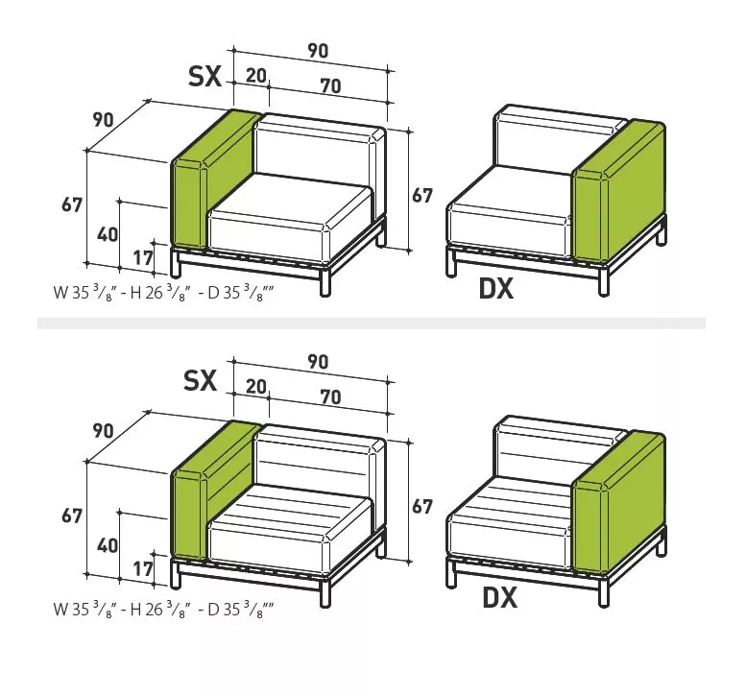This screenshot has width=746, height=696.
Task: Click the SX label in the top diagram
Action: (205, 77)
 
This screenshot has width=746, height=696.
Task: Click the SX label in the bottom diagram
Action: (201, 381)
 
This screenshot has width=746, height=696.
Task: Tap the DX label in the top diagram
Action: (496, 287)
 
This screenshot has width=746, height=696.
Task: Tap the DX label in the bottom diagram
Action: (499, 598)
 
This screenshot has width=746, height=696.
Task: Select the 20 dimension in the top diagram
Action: (255, 77)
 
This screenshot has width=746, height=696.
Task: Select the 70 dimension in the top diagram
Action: (329, 86)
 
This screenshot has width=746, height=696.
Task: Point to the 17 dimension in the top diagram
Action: (143, 256)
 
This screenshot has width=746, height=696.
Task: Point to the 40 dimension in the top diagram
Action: (108, 234)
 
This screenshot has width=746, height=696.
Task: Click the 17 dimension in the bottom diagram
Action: (143, 568)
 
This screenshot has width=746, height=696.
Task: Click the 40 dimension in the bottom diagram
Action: (108, 545)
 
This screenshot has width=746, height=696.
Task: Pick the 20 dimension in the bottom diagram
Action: (255, 386)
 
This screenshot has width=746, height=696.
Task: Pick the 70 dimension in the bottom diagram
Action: (329, 396)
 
